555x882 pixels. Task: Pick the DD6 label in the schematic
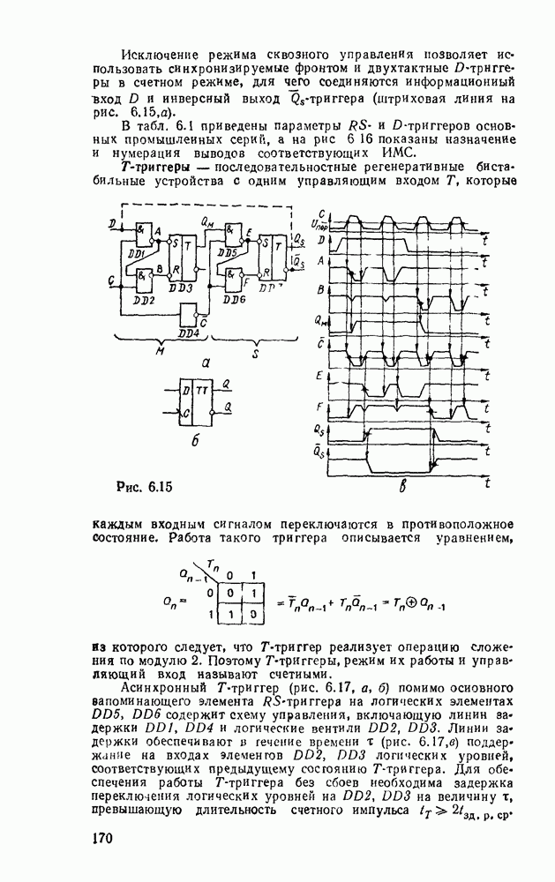tap(236, 299)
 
